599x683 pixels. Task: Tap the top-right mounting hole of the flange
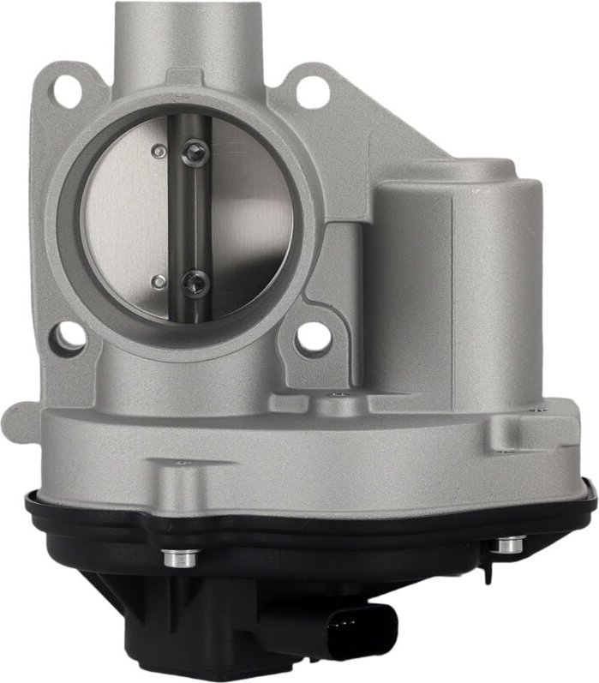coord(312,92)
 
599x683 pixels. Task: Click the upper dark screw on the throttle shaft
coord(196,153)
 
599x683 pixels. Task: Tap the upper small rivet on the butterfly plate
coord(157,151)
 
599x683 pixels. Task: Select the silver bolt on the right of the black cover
coord(511,542)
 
